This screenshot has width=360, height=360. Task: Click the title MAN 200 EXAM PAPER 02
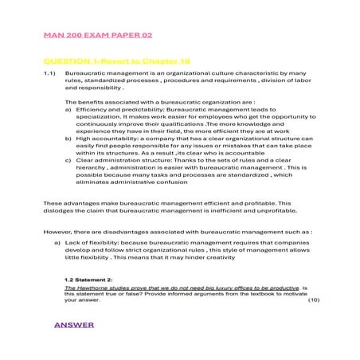98,37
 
